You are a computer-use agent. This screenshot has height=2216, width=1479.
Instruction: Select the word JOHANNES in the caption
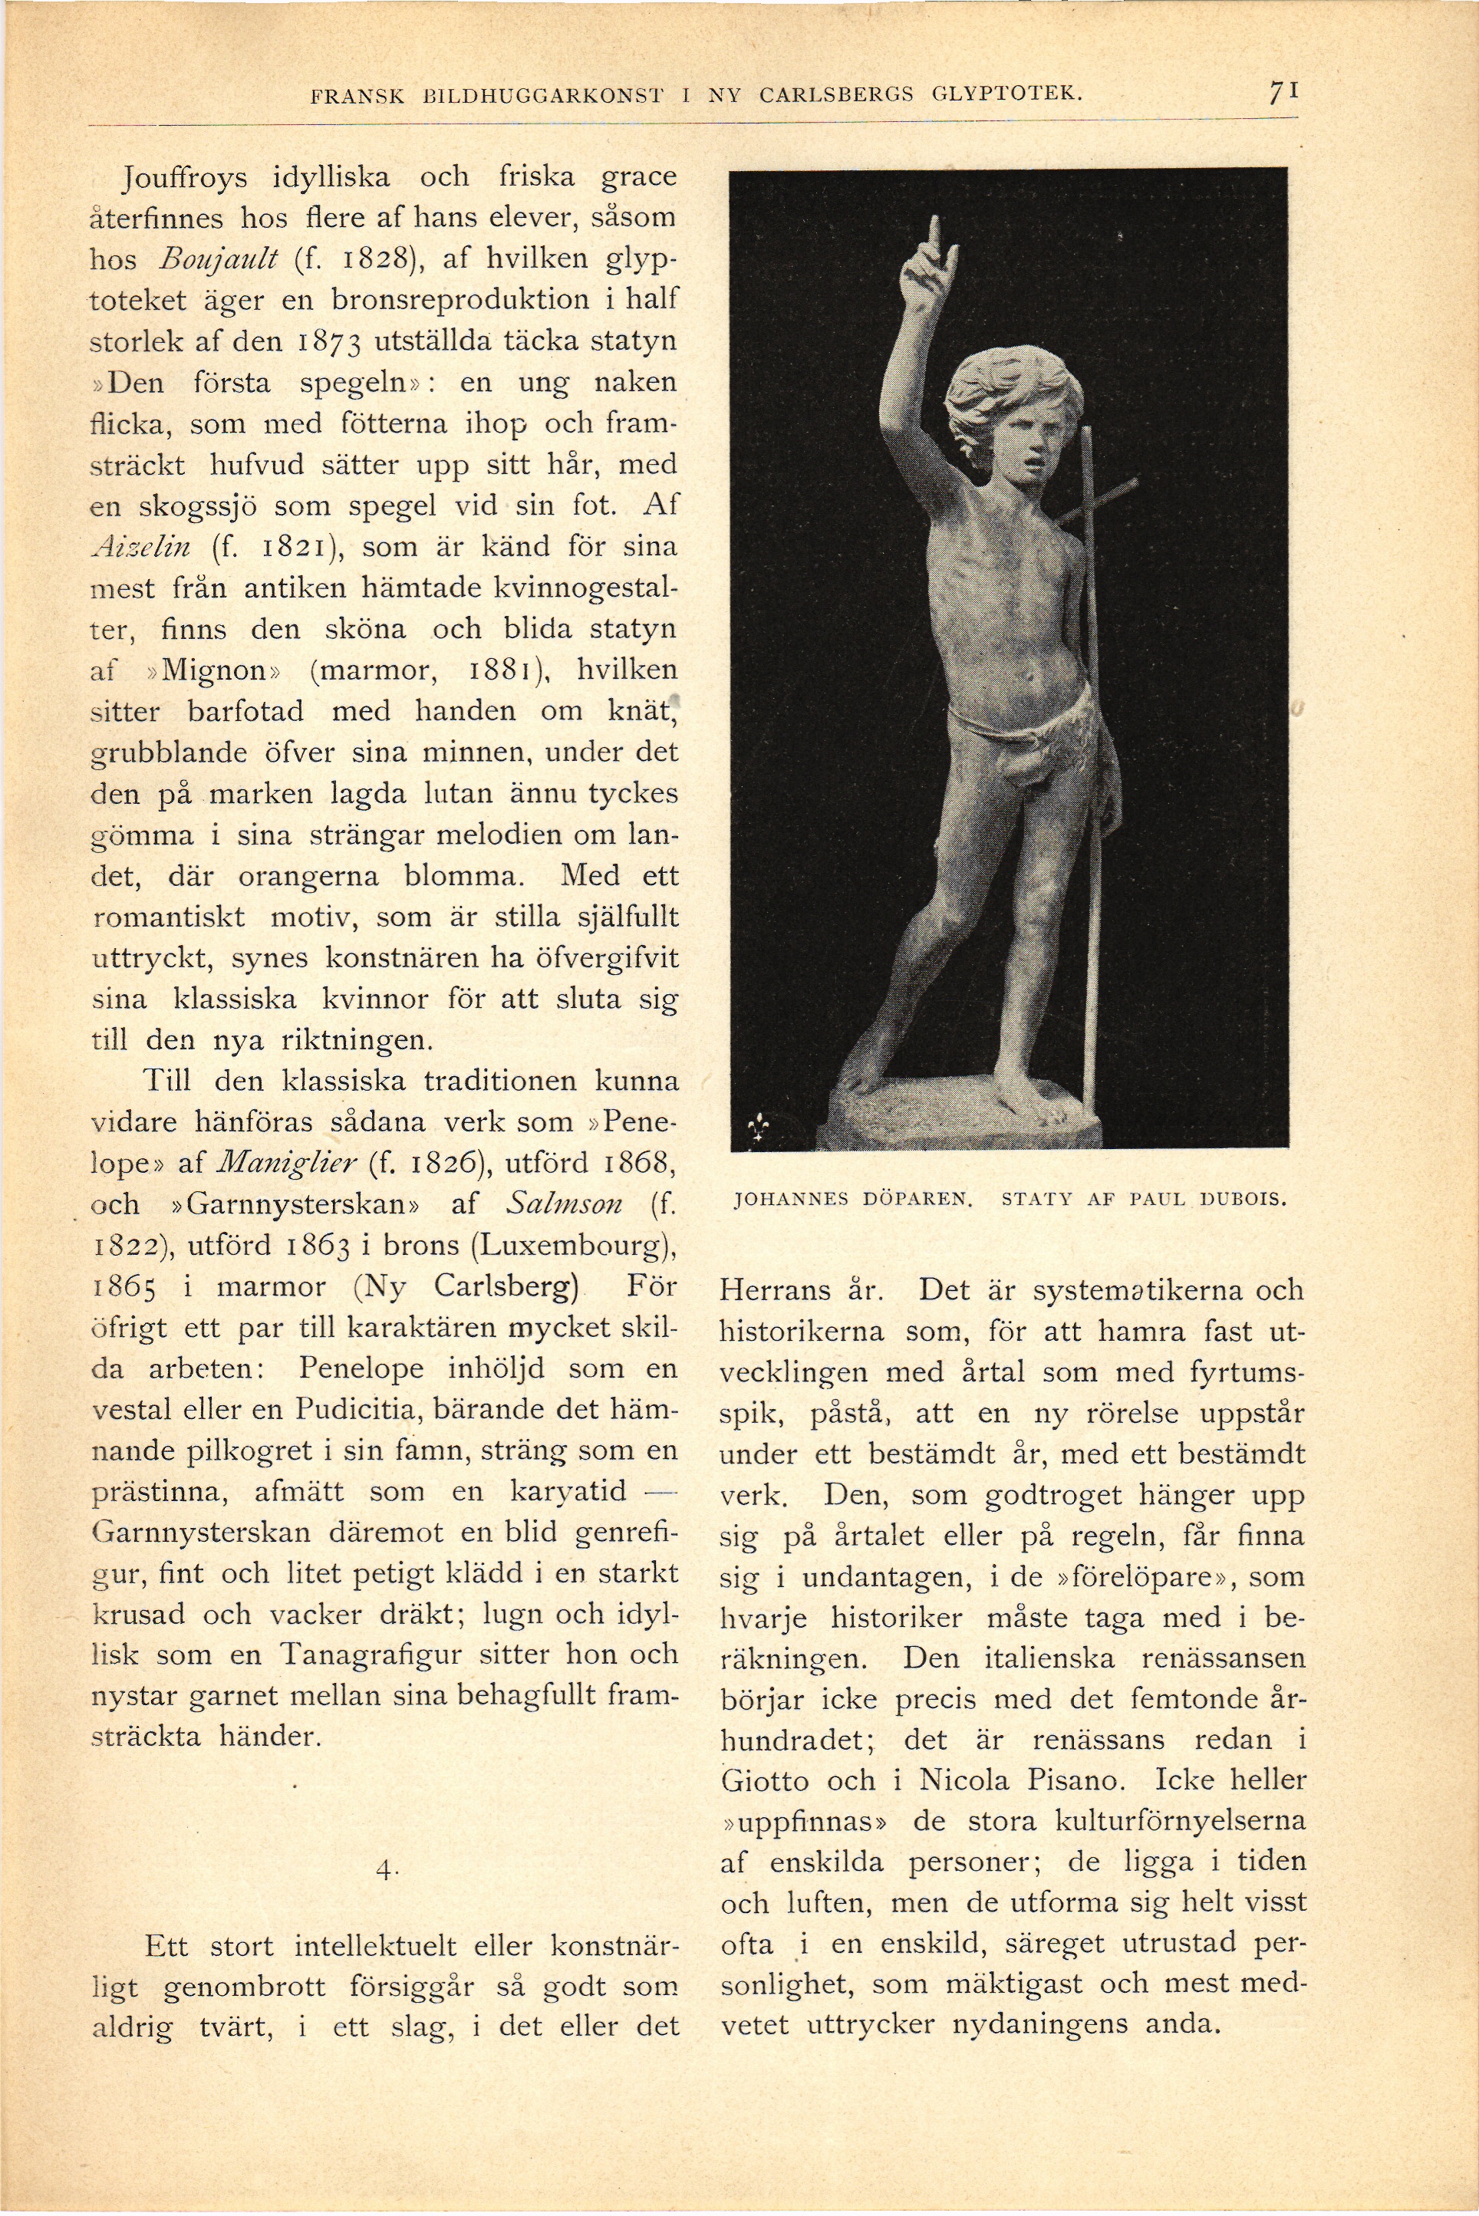pyautogui.click(x=784, y=1201)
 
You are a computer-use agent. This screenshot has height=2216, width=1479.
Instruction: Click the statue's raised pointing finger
pyautogui.click(x=935, y=231)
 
